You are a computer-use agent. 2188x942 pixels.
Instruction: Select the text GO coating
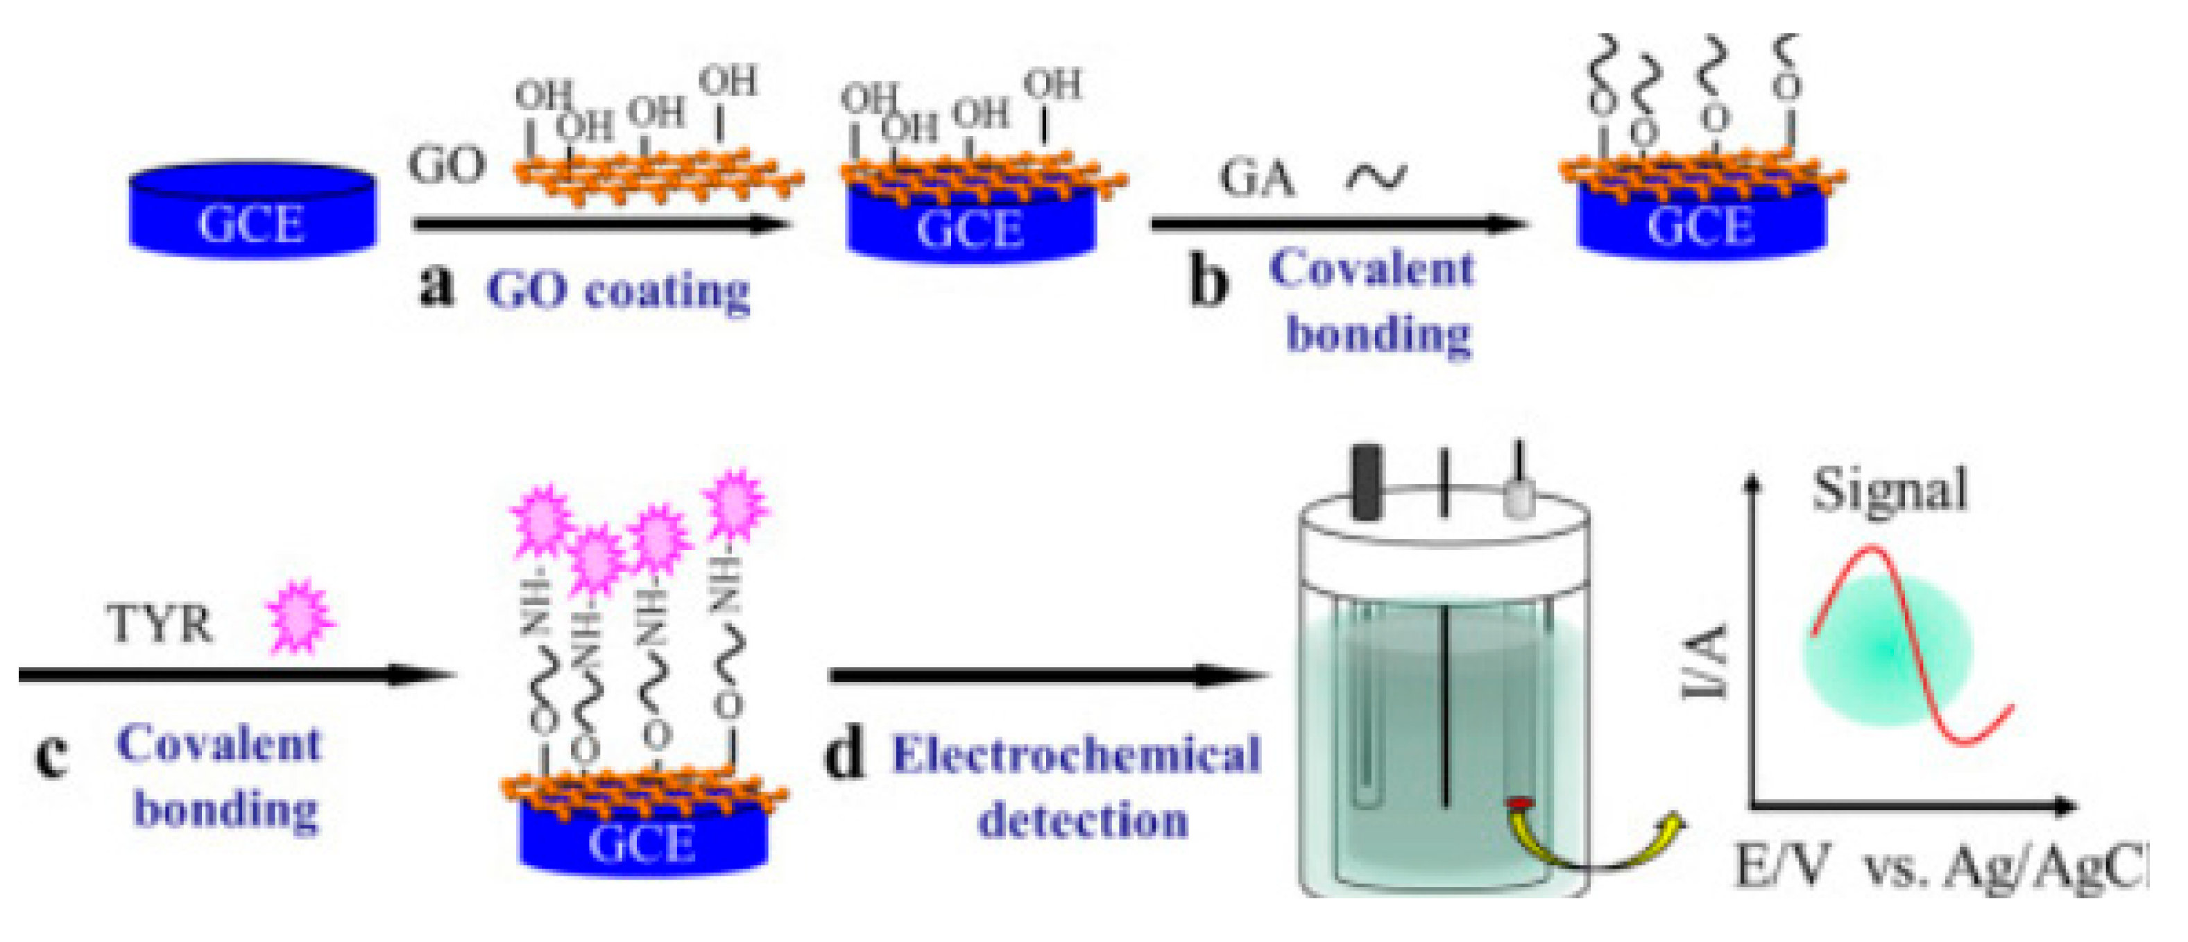[x=618, y=291]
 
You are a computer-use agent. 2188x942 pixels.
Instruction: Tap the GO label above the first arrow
[x=447, y=165]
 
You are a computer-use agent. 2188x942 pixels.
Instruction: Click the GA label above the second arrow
[x=1257, y=179]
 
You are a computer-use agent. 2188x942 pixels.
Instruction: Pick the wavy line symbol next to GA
[x=1376, y=177]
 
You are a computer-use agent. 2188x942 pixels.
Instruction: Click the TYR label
[x=160, y=624]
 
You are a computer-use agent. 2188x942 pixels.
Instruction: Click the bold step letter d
[x=845, y=754]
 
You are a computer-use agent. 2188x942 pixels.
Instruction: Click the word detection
[x=1083, y=821]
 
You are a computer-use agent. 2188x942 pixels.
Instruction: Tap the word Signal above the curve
[x=1889, y=491]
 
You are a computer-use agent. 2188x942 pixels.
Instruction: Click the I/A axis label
[x=1706, y=662]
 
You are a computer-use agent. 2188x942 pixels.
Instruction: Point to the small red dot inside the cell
[x=1519, y=803]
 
